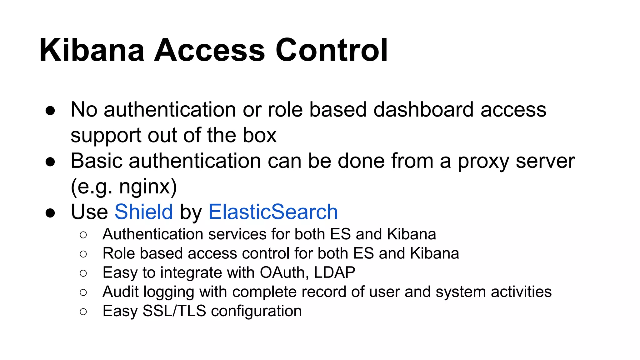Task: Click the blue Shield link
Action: tap(144, 212)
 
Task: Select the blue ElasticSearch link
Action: tap(273, 212)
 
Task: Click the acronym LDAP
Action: tap(334, 272)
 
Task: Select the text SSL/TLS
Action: tap(174, 311)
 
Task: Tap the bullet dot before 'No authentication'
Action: tap(50, 111)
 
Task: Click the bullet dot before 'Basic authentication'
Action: tap(50, 162)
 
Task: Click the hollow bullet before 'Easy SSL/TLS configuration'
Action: tap(83, 312)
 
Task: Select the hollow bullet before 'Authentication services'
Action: tap(83, 235)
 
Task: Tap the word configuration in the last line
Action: tap(256, 311)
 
